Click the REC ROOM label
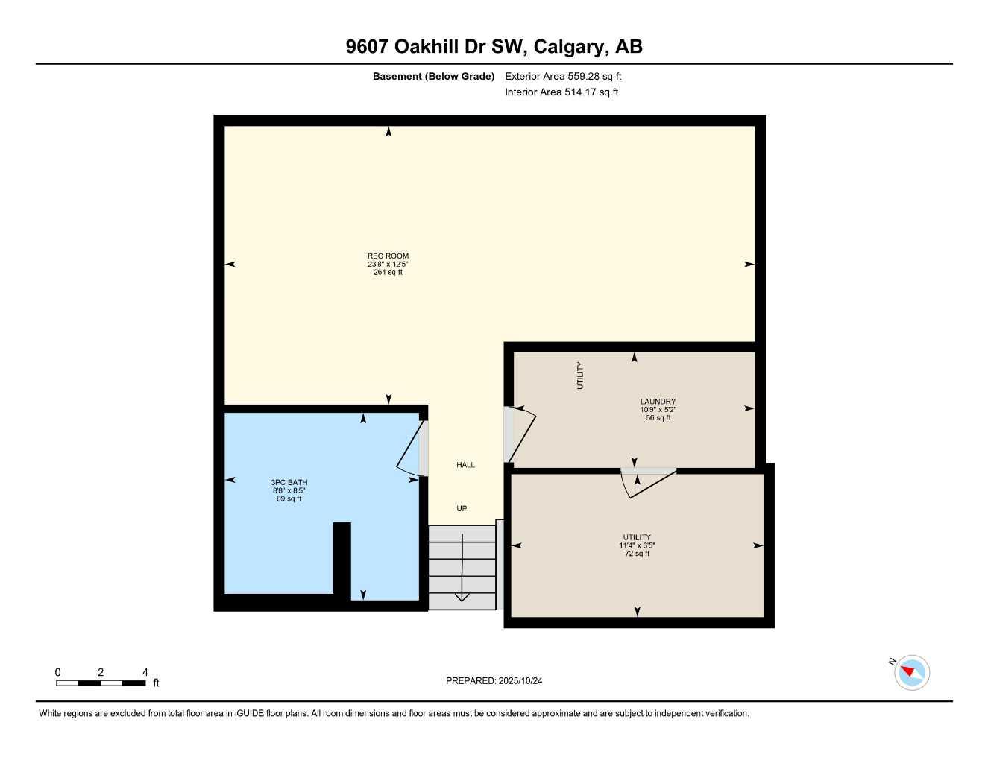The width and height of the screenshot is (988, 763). click(x=388, y=256)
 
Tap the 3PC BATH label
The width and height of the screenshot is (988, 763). click(x=289, y=483)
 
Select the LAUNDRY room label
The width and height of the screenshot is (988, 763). click(x=658, y=402)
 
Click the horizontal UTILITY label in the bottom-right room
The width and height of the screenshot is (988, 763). click(x=637, y=537)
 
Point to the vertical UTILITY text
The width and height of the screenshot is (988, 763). click(x=580, y=376)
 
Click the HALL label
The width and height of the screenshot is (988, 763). click(x=465, y=465)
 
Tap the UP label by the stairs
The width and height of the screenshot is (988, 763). click(x=462, y=508)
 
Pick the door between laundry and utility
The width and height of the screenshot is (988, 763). click(x=646, y=483)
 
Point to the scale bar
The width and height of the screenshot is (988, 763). click(x=101, y=683)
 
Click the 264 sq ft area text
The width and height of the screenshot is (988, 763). click(x=388, y=273)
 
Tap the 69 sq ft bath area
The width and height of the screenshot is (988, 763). click(x=289, y=499)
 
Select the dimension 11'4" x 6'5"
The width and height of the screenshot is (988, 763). click(x=637, y=545)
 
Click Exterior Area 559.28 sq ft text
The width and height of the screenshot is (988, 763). click(x=563, y=76)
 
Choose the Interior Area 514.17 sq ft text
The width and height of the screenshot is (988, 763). click(x=561, y=92)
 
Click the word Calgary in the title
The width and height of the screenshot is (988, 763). click(x=569, y=47)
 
